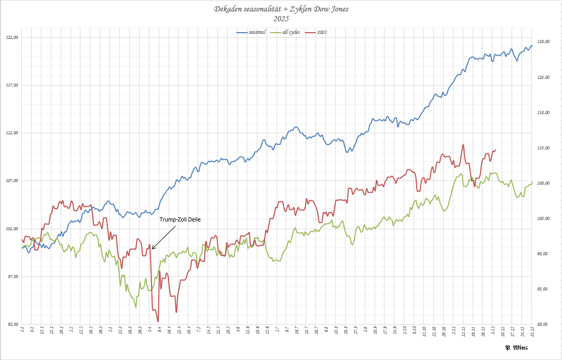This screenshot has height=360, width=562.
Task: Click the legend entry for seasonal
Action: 256,32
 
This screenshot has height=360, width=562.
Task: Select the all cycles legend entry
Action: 292,32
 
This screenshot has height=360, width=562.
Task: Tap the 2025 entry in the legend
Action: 321,32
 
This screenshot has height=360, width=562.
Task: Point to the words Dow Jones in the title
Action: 331,9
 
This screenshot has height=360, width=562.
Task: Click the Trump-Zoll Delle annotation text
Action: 180,219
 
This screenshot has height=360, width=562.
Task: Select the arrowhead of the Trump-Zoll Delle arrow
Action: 153,248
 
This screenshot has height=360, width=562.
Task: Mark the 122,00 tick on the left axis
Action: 12,37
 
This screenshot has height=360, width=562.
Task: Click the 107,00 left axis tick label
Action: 12,181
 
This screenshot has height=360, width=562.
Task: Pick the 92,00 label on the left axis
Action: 12,324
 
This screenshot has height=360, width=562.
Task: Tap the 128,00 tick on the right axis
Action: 542,41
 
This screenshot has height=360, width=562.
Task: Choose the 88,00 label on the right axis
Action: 542,324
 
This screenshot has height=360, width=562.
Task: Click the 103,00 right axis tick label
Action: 542,218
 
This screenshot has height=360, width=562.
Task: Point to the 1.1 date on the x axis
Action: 22,330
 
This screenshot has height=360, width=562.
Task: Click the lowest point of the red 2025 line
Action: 158,322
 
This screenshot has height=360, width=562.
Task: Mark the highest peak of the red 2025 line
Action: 462,145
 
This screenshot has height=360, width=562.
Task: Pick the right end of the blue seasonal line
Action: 532,46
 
